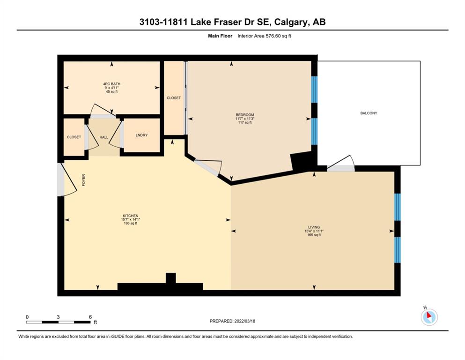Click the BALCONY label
tap(369, 113)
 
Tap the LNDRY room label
tap(141, 135)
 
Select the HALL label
tap(104, 137)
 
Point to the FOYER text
tap(84, 180)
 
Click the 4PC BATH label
tap(112, 84)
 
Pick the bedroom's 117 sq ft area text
tap(245, 122)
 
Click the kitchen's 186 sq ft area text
tap(131, 223)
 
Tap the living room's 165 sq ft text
tap(314, 235)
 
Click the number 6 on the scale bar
tap(90, 317)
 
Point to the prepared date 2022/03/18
tap(244, 321)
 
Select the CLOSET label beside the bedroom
tap(174, 97)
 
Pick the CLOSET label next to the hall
tap(74, 137)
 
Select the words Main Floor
tap(220, 36)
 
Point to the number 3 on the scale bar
tap(58, 317)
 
